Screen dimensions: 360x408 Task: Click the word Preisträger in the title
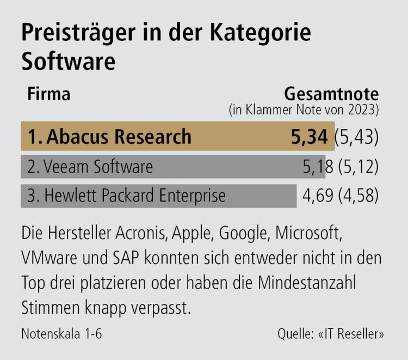(69, 33)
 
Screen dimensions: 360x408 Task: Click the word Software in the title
(69, 61)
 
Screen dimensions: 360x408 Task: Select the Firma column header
(49, 94)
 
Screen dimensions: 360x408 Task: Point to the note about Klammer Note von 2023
(304, 109)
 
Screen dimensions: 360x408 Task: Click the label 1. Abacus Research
(109, 137)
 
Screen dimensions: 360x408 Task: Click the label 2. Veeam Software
(90, 166)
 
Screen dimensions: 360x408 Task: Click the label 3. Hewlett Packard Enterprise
(126, 195)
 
